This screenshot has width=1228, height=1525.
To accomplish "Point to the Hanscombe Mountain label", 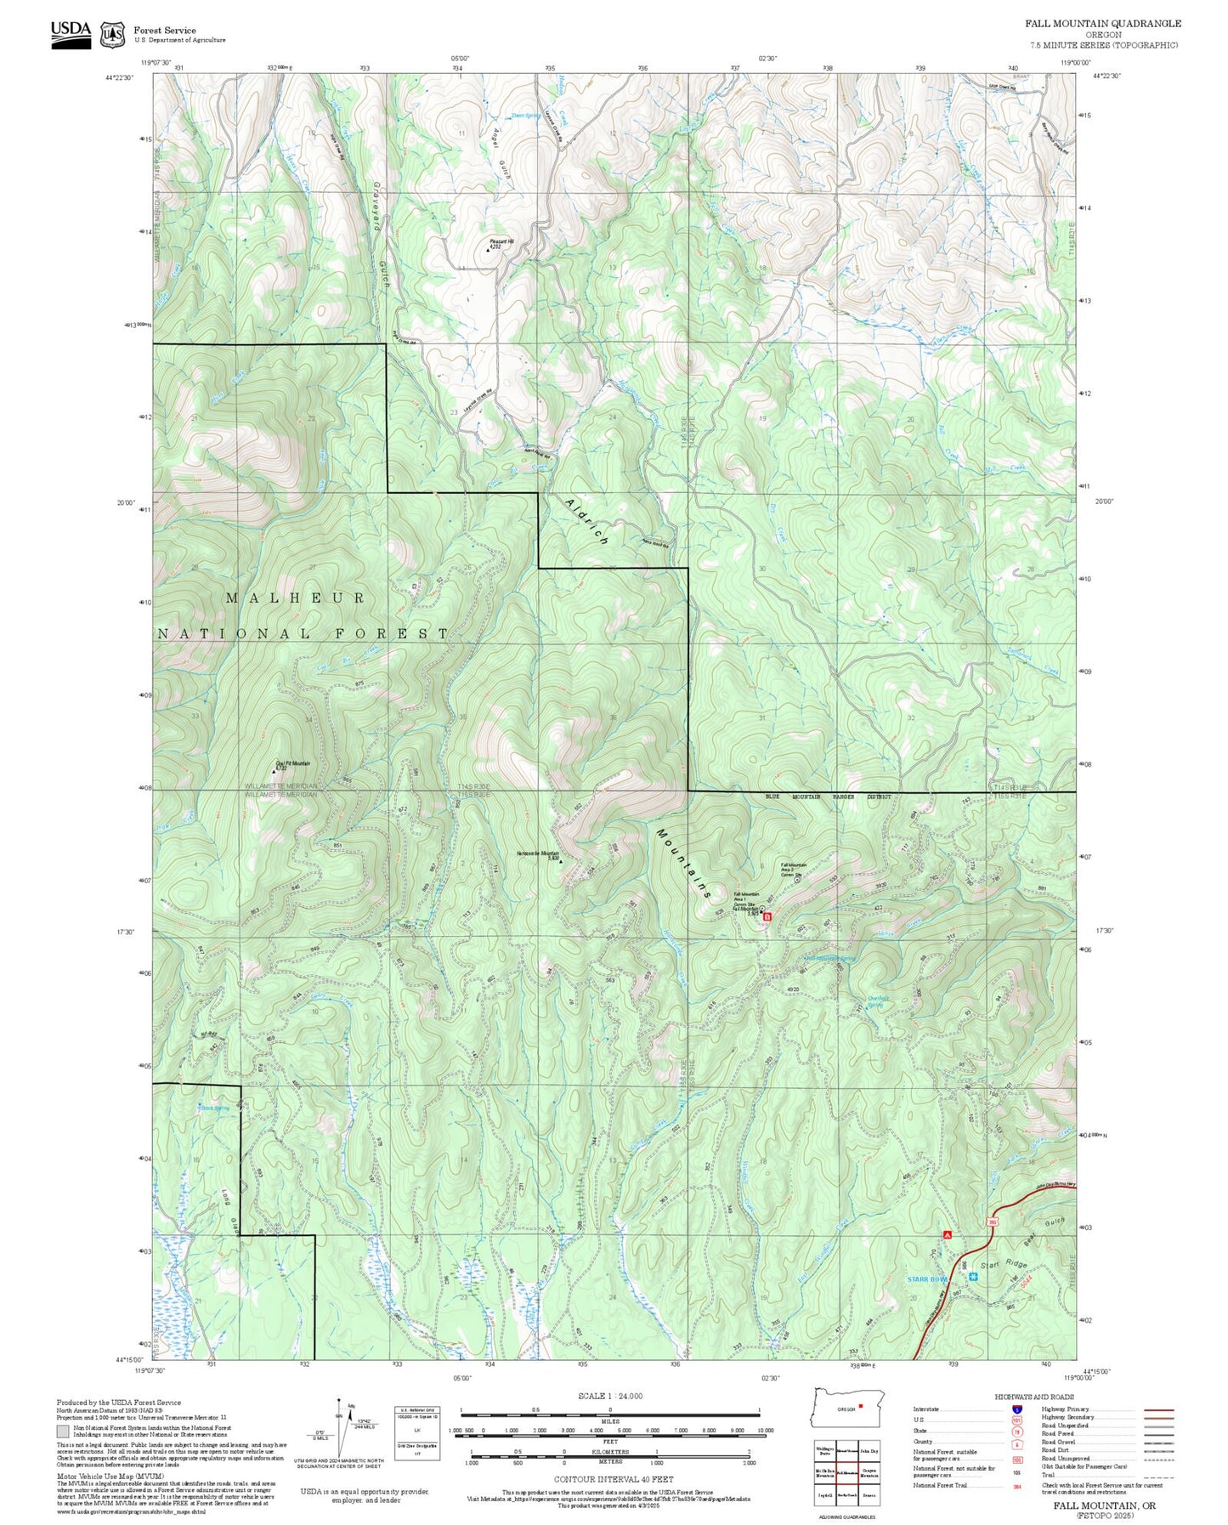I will coord(538,854).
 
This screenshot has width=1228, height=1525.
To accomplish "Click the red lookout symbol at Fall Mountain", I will coord(767,917).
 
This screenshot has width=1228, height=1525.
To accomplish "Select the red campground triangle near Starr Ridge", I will coord(947,1233).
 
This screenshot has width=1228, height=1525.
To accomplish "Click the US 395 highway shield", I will coord(992,1222).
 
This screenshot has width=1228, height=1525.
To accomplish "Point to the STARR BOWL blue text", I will coord(927,1279).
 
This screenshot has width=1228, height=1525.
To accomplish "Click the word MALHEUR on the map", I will coord(296,598).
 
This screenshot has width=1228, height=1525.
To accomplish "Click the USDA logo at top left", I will coord(71,33).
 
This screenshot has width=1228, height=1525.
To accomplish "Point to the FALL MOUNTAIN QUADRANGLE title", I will coord(1102,24).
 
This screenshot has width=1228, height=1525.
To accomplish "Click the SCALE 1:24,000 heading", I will coord(610,1396).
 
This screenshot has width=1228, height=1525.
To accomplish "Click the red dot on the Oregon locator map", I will coord(861,1405).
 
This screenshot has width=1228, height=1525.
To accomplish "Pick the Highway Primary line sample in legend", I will coord(1158,1409).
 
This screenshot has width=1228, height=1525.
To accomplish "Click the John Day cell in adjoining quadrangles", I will coord(869,1451).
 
